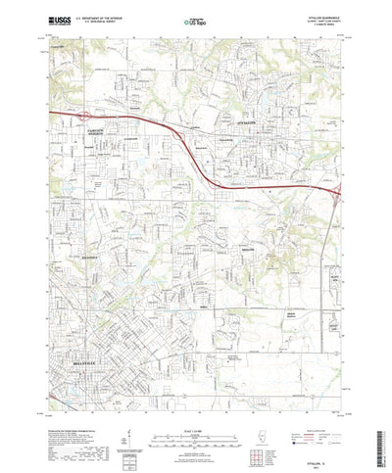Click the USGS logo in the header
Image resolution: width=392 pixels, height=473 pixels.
point(62,20)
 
